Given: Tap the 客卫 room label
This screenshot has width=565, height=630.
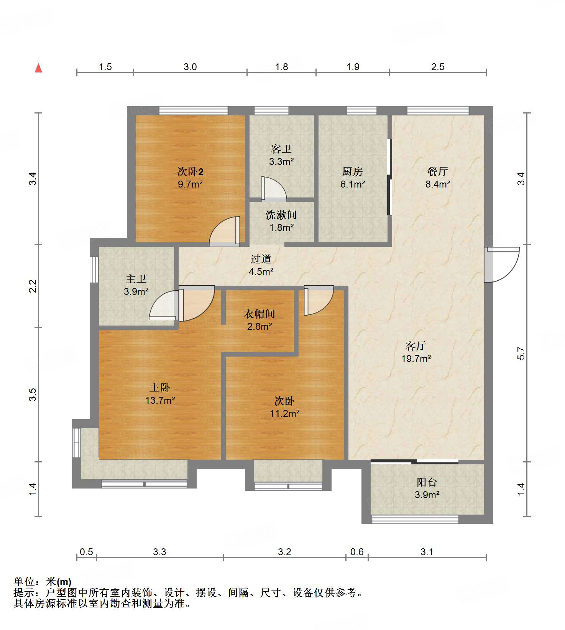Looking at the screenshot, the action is coord(281,149).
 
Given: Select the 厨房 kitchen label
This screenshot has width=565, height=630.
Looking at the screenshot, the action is coord(353,171).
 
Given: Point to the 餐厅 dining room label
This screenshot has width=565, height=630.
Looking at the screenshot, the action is coord(438,171).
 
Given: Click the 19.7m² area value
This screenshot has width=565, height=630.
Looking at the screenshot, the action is coord(416,359).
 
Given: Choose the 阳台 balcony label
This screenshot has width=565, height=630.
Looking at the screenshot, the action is coord(427,482).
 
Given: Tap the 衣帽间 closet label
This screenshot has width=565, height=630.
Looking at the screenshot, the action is coord(260,314).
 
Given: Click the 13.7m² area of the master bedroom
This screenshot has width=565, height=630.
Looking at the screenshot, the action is coord(160,400).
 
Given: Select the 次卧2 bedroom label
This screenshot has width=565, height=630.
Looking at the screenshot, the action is coord(191,171).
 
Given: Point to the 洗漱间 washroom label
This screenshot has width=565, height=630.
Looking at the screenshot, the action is coord(281,215).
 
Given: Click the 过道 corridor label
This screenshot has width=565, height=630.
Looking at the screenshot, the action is coord(261,259).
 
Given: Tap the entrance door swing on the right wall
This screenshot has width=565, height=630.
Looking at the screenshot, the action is coord(502,265).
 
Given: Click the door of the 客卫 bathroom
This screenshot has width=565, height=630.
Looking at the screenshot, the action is coord(274,189).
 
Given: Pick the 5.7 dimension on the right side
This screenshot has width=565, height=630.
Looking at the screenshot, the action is coord(521,353).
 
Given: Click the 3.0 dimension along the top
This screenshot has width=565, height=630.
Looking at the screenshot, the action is coord(190,67).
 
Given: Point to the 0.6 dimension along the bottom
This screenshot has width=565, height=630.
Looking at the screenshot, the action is coord(357,552).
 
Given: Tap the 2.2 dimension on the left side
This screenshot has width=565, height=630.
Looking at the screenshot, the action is coord(33,286).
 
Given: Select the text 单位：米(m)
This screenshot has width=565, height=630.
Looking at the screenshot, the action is coord(43,582).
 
